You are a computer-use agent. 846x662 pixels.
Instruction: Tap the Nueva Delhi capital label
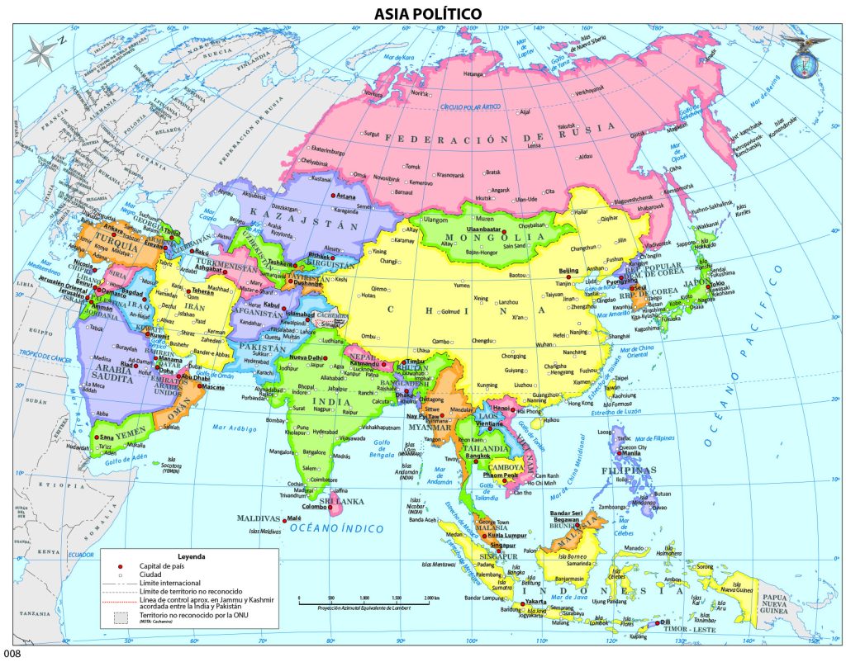[307, 357]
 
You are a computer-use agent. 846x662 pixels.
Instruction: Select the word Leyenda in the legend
[191, 556]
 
